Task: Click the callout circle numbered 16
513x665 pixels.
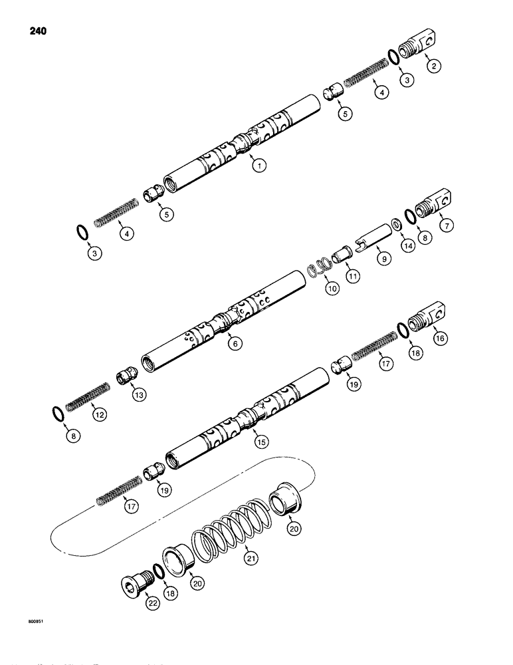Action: coord(439,338)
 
